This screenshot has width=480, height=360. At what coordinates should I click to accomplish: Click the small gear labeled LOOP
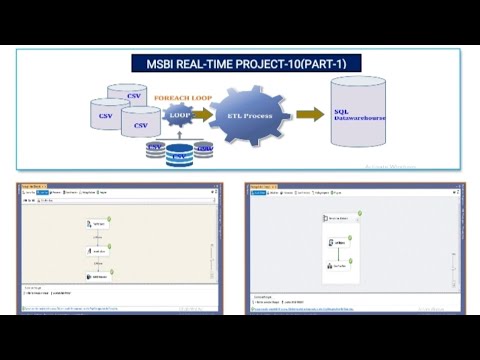181,116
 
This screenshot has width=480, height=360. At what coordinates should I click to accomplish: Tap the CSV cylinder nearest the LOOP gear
140,126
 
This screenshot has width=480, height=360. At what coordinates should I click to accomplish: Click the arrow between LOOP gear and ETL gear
203,116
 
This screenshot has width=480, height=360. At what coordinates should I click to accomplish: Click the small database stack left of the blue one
155,150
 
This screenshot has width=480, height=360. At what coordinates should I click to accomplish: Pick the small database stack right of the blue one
204,150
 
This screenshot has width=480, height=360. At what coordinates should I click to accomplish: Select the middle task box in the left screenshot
99,251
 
